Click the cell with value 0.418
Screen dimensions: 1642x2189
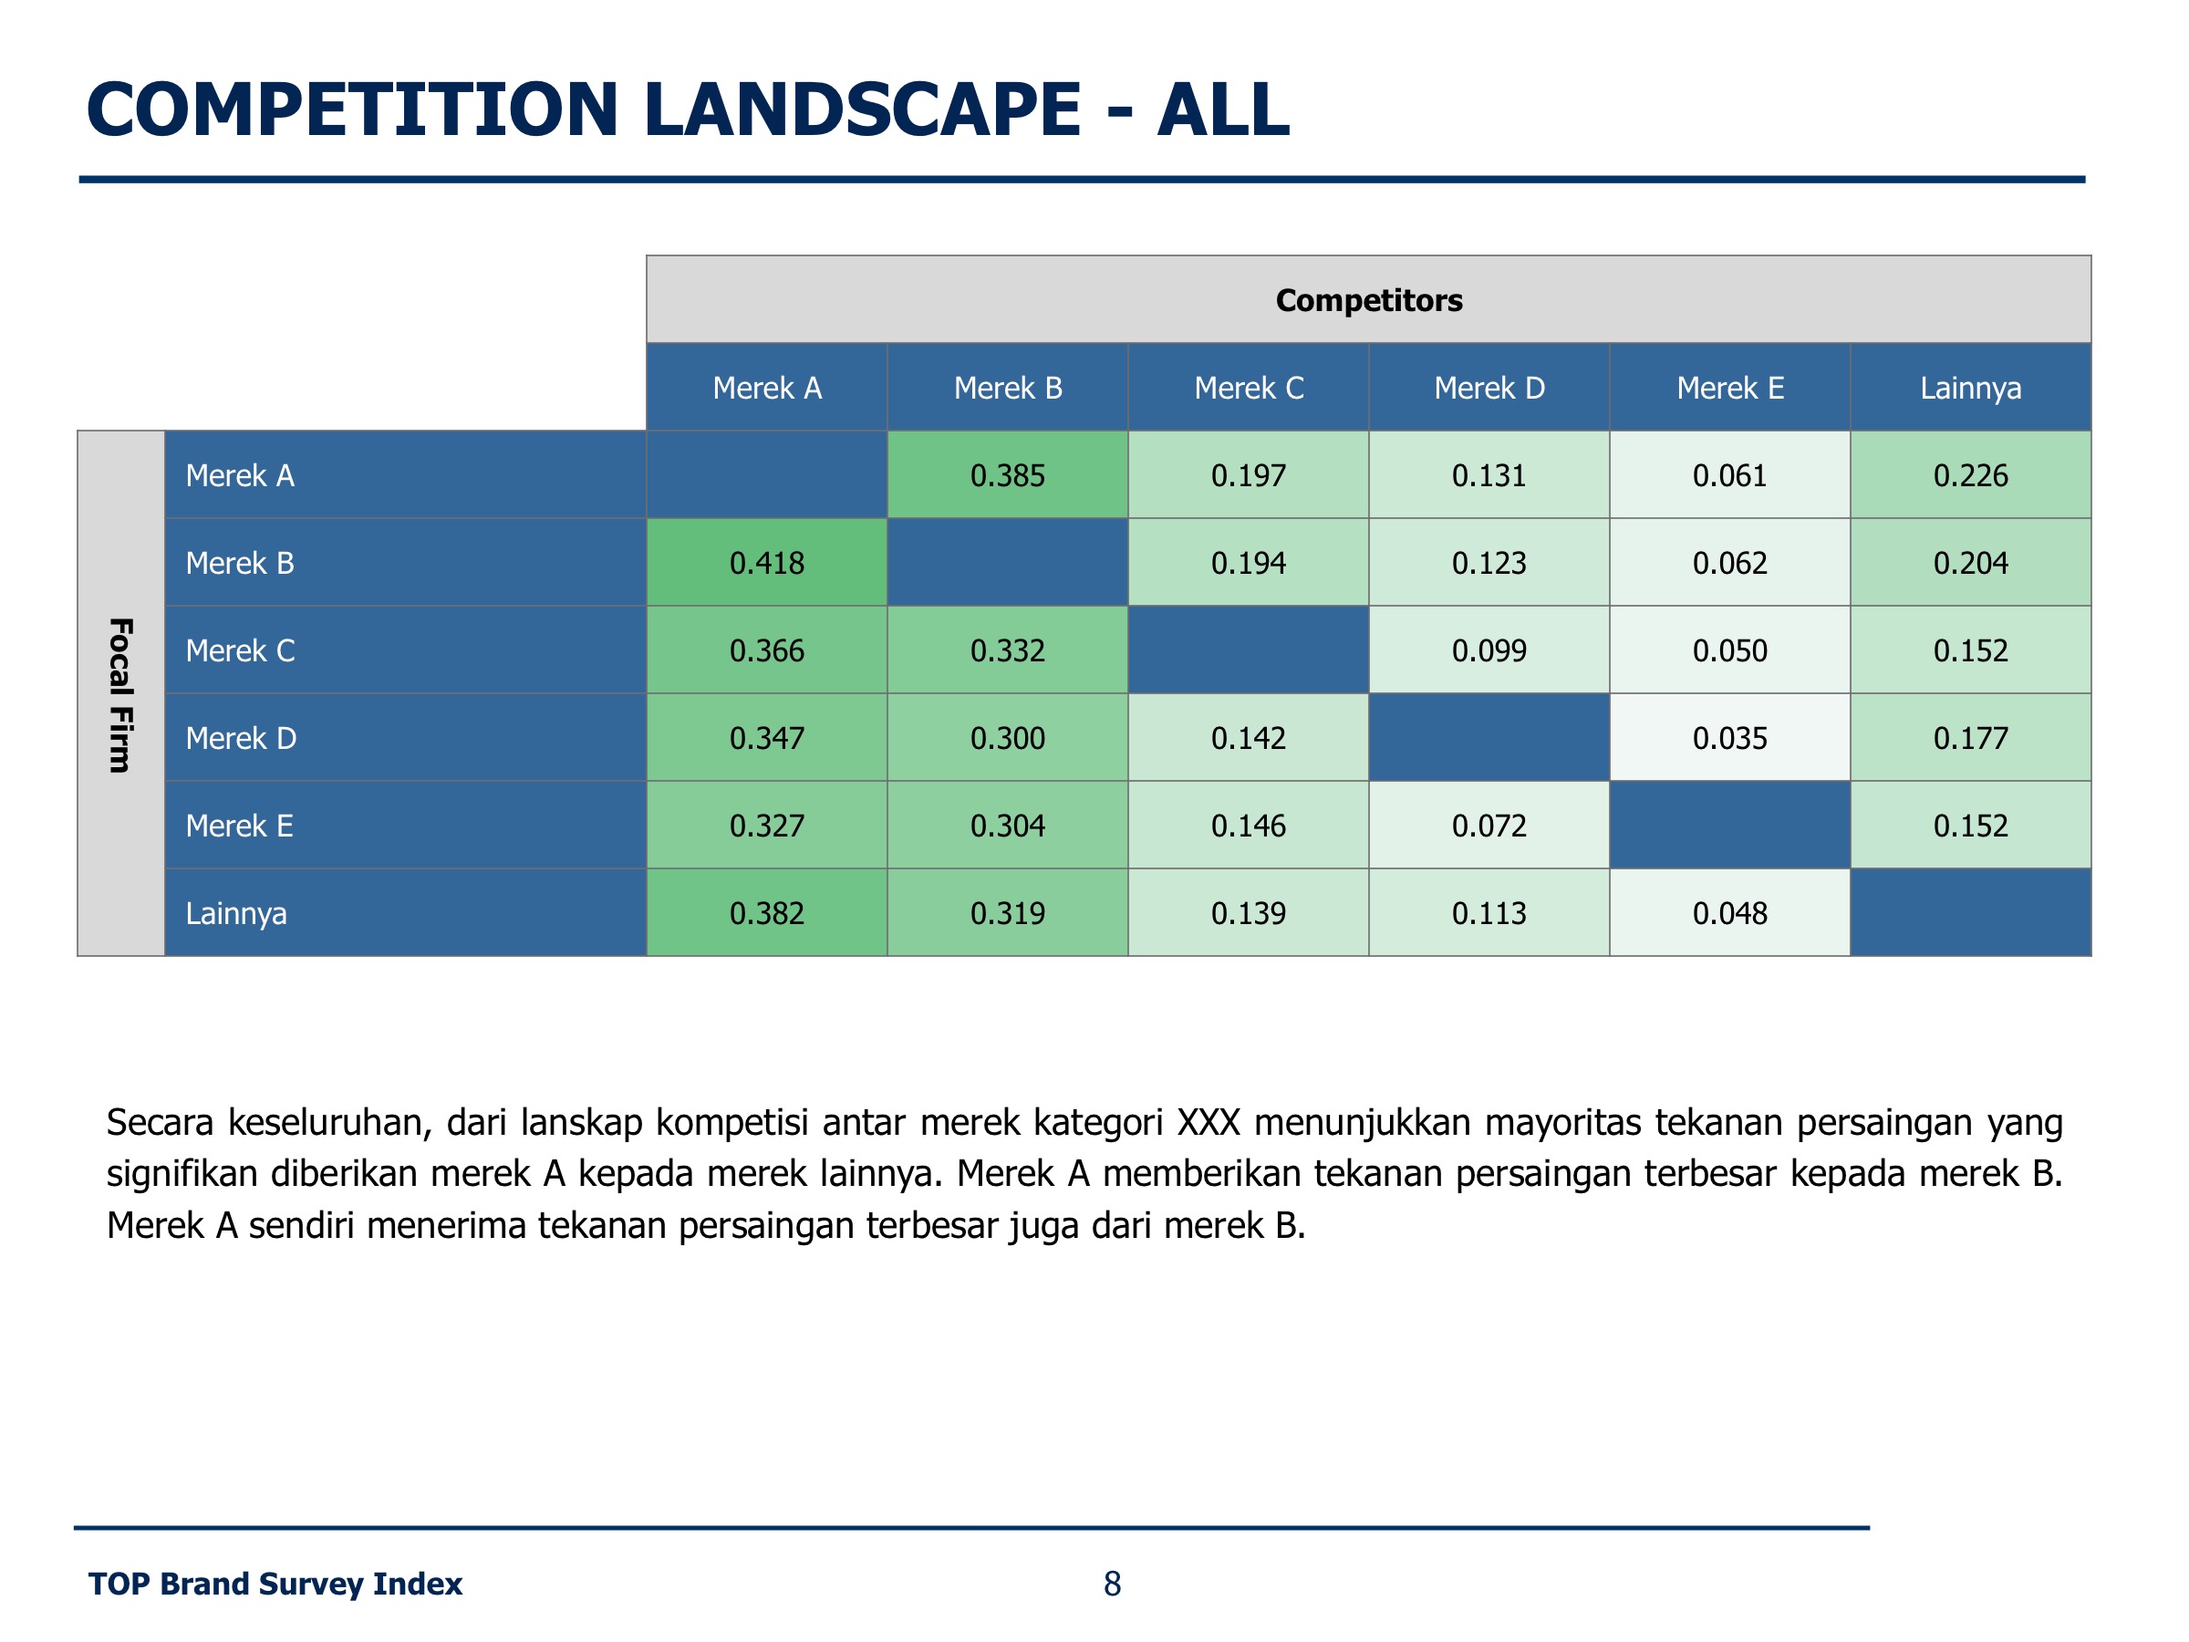coord(766,562)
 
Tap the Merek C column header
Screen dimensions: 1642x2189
coord(1248,387)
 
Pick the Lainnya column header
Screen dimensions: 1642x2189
coord(1969,387)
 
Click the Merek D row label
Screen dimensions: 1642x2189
coord(241,737)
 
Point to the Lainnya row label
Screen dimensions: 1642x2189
coord(235,912)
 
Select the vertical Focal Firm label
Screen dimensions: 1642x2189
coord(120,694)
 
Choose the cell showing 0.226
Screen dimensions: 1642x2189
coord(1969,475)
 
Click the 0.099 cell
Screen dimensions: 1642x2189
coord(1489,650)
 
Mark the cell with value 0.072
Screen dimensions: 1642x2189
coord(1489,825)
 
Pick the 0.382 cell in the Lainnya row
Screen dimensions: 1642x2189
coord(766,912)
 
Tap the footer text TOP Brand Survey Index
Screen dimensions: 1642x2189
coord(275,1584)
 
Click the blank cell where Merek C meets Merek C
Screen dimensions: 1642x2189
coord(1248,650)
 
